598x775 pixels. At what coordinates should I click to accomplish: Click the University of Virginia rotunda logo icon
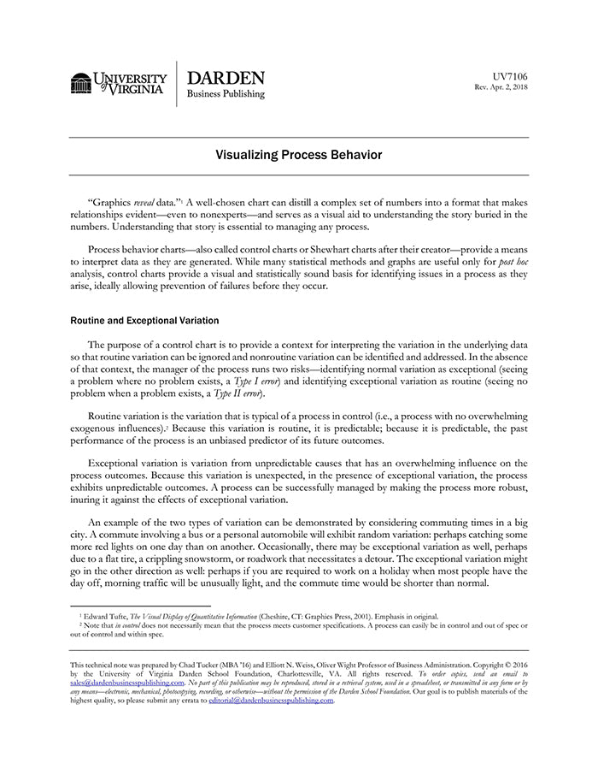click(81, 83)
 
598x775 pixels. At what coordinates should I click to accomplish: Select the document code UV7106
click(510, 76)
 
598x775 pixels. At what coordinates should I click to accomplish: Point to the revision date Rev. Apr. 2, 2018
click(501, 88)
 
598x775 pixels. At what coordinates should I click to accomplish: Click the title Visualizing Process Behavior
click(298, 155)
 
